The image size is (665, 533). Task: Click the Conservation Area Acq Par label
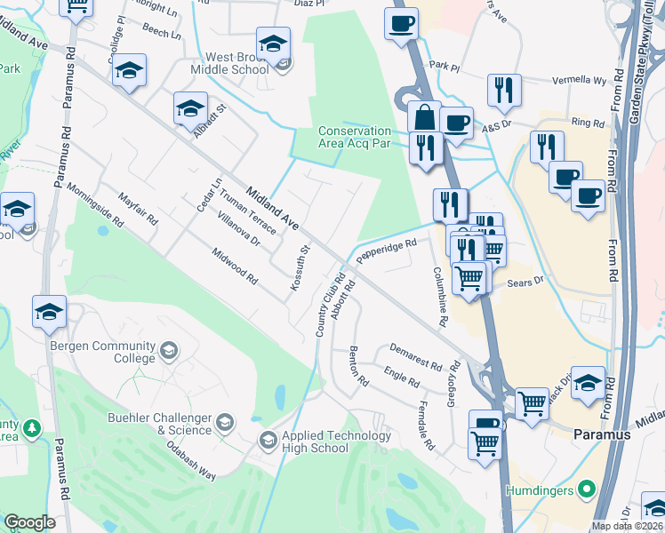point(355,137)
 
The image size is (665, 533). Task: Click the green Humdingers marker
point(587,489)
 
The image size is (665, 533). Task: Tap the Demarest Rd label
point(416,358)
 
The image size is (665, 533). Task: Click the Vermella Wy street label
point(582,80)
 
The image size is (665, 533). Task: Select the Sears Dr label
point(524,282)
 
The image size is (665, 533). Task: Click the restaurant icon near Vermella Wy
point(504,89)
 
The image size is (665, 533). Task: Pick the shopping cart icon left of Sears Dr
point(469,277)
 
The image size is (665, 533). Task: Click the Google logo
point(29,522)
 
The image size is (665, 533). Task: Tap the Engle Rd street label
point(401,378)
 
